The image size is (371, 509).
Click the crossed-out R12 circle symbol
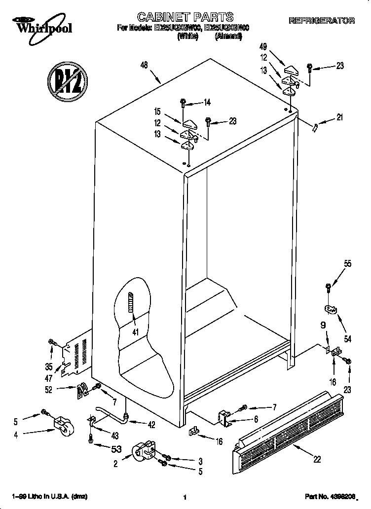click(x=67, y=78)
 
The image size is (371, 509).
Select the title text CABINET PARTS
click(x=185, y=18)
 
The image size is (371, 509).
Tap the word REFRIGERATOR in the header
click(x=322, y=21)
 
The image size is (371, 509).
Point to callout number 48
click(x=145, y=65)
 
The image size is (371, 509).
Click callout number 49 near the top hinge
click(x=263, y=47)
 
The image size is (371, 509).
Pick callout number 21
click(x=339, y=117)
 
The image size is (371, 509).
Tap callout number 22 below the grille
click(x=317, y=459)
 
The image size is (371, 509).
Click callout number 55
click(x=348, y=264)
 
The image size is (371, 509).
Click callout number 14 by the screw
click(x=207, y=103)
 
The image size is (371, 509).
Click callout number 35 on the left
click(x=49, y=366)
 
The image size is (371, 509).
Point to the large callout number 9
click(x=323, y=326)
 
